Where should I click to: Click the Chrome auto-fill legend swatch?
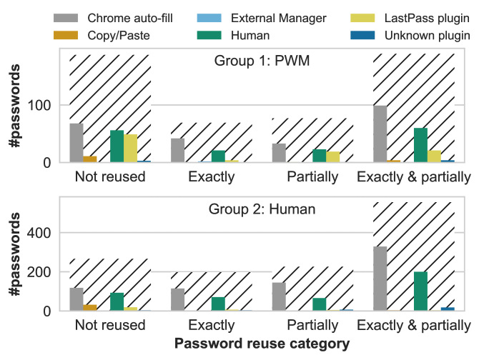point(66,18)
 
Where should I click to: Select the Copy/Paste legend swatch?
point(66,35)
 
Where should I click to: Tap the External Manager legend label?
point(278,18)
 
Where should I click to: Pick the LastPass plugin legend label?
point(427,18)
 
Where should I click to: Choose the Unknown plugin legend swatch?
point(362,35)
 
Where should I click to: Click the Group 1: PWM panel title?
point(262,61)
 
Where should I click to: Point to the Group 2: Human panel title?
point(262,209)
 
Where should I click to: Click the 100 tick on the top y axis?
point(39,106)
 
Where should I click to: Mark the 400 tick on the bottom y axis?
point(39,233)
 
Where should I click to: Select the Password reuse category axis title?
point(262,344)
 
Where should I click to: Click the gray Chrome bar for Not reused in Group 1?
point(76,143)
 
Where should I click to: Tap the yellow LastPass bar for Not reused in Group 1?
point(130,149)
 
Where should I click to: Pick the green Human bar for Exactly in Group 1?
point(218,156)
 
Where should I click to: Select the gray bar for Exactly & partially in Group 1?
point(380,134)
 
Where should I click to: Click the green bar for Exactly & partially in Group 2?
point(420,291)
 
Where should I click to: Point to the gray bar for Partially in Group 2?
point(279,296)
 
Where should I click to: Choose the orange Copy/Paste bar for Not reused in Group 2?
point(90,308)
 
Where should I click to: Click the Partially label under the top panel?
point(312,177)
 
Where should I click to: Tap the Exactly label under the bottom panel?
point(212,326)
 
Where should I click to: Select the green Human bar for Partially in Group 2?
point(319,304)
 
